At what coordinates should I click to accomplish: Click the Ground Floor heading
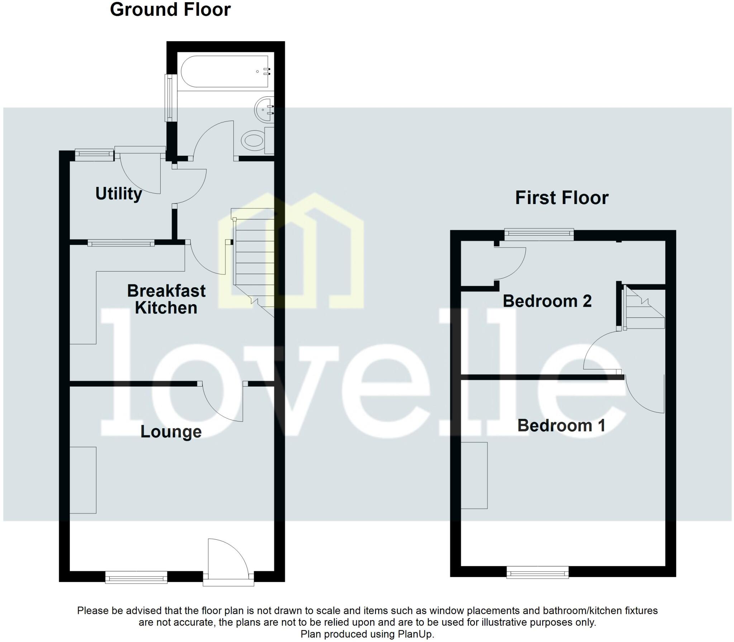(170, 10)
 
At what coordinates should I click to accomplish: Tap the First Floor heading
(562, 198)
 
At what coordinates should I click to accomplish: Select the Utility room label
(119, 194)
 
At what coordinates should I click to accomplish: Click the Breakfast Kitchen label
(166, 299)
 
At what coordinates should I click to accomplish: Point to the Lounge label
(171, 431)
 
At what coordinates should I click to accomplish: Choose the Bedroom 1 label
(561, 426)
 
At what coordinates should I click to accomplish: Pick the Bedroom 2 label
(547, 301)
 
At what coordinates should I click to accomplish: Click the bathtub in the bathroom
(225, 71)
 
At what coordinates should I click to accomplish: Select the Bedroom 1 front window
(537, 582)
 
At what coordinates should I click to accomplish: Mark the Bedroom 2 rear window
(539, 235)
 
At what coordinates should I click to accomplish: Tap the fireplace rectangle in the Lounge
(83, 480)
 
